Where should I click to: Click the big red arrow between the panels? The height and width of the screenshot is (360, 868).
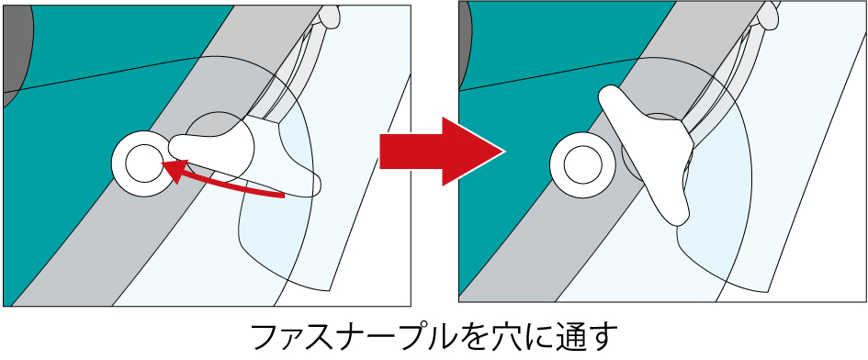click(x=442, y=152)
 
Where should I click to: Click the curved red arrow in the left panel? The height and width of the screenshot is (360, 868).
click(x=221, y=184)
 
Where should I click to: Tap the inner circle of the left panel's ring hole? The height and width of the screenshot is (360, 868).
click(x=144, y=163)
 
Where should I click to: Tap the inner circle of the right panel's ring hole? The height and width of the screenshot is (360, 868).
click(x=582, y=164)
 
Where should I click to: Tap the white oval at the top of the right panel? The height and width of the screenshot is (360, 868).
click(x=770, y=16)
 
